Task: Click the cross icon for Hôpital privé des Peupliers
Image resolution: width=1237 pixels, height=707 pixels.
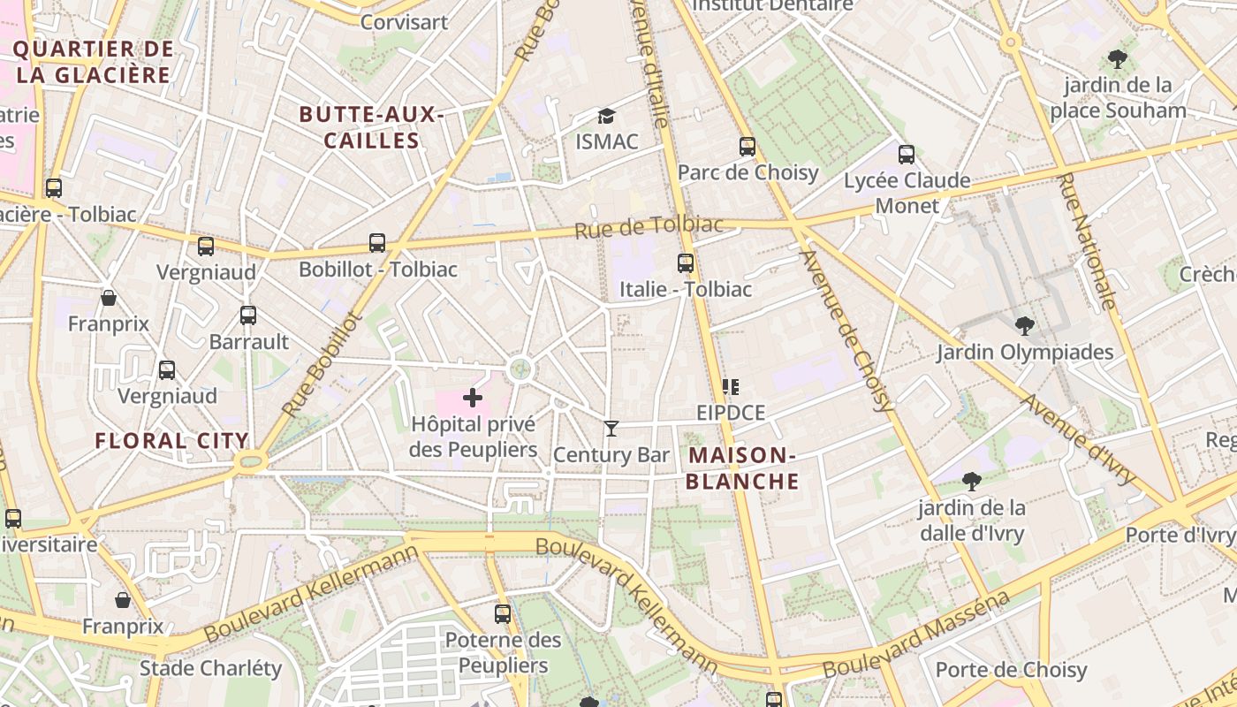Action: [x=473, y=398]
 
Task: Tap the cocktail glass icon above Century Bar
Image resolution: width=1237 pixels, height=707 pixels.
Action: [x=611, y=429]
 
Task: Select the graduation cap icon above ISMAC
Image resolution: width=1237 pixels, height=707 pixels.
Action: [x=606, y=116]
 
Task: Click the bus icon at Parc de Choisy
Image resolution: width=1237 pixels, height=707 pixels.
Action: [x=748, y=146]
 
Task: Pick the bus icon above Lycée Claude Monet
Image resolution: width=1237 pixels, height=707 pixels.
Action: [x=906, y=155]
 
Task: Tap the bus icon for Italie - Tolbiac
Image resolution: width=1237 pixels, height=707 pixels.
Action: [x=686, y=262]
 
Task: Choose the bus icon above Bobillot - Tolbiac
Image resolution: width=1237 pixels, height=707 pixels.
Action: [x=377, y=242]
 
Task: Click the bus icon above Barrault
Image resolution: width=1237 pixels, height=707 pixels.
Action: [x=248, y=315]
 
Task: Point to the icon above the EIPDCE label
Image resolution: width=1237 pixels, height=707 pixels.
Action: [x=730, y=386]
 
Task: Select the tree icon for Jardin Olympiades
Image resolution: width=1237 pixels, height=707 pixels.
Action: [x=1025, y=326]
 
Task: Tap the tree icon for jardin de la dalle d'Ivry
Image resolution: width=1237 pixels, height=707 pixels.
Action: [x=972, y=482]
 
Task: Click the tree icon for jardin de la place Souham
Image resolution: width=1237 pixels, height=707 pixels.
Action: [x=1117, y=60]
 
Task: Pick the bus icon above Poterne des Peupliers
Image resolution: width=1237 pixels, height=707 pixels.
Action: [x=503, y=613]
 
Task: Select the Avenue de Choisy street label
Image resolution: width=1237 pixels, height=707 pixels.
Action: [x=846, y=331]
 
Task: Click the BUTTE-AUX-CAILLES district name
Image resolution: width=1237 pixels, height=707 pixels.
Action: [x=371, y=127]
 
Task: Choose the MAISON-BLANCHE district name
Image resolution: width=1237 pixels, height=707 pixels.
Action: [x=743, y=468]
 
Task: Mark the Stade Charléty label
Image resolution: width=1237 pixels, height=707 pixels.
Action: [x=210, y=667]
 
